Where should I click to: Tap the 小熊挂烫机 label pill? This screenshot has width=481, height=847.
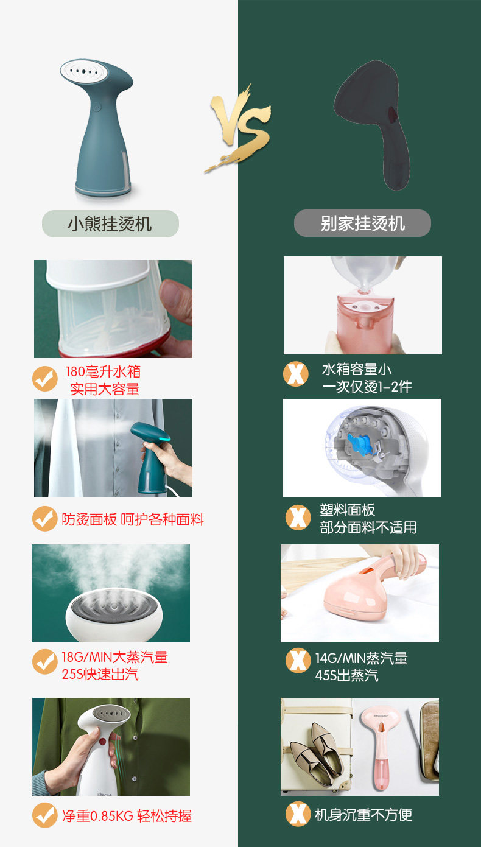pos(110,223)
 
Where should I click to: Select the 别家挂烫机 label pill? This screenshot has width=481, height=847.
pos(362,223)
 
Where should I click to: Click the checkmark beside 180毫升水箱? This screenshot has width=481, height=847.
pos(45,379)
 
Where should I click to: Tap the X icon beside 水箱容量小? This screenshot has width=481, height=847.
pos(296,374)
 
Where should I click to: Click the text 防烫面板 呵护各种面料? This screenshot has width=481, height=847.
pos(133,519)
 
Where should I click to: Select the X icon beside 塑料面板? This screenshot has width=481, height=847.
pos(298,518)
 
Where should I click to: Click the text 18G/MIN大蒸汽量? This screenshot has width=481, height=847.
pos(114,657)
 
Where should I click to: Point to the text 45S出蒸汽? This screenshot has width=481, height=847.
pos(347,675)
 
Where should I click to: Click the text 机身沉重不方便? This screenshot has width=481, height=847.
pos(363,815)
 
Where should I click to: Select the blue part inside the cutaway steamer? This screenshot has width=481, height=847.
pos(360,444)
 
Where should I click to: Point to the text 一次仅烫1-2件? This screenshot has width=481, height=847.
pos(367,387)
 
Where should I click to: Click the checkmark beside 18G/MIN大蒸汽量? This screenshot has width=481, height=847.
pos(45,662)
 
